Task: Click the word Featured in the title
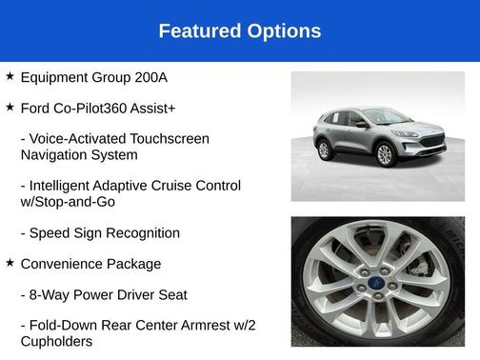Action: click(196, 31)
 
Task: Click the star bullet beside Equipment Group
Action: click(10, 75)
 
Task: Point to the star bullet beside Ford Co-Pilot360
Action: click(10, 107)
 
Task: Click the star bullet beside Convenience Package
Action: click(10, 263)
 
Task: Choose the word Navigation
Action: click(59, 154)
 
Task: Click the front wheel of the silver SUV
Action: click(386, 153)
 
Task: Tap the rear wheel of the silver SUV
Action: click(325, 150)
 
